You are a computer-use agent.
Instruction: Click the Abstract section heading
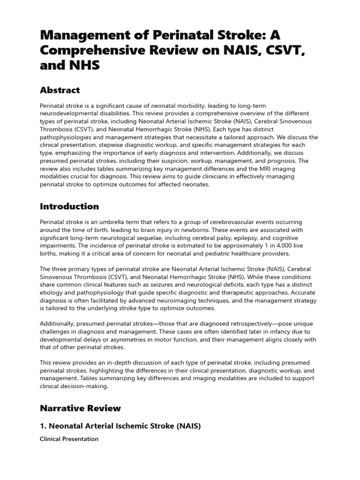click(x=60, y=90)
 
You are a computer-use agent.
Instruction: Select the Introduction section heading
click(x=69, y=206)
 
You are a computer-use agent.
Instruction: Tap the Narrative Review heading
click(x=80, y=408)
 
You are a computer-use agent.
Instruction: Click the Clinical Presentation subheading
click(x=69, y=439)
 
